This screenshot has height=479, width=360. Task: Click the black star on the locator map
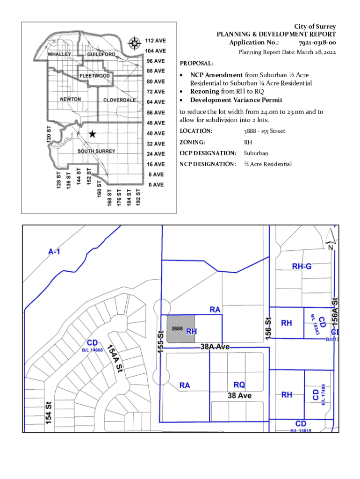click(x=93, y=134)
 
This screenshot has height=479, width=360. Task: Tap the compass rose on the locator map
click(x=135, y=44)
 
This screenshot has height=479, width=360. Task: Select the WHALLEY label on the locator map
click(x=60, y=54)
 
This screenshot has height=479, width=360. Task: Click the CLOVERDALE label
click(x=119, y=100)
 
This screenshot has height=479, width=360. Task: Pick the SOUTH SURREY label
click(x=96, y=152)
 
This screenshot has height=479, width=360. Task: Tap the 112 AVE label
click(x=154, y=41)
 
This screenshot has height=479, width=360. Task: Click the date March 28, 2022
click(x=314, y=52)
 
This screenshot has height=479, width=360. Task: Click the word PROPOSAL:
click(x=196, y=63)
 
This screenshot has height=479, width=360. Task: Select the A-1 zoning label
click(x=54, y=252)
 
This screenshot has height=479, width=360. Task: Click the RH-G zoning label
click(x=302, y=267)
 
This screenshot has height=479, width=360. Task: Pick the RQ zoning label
click(x=239, y=385)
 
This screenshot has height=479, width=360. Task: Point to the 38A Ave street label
click(x=215, y=347)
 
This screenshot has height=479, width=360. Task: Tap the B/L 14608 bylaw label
click(x=92, y=350)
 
